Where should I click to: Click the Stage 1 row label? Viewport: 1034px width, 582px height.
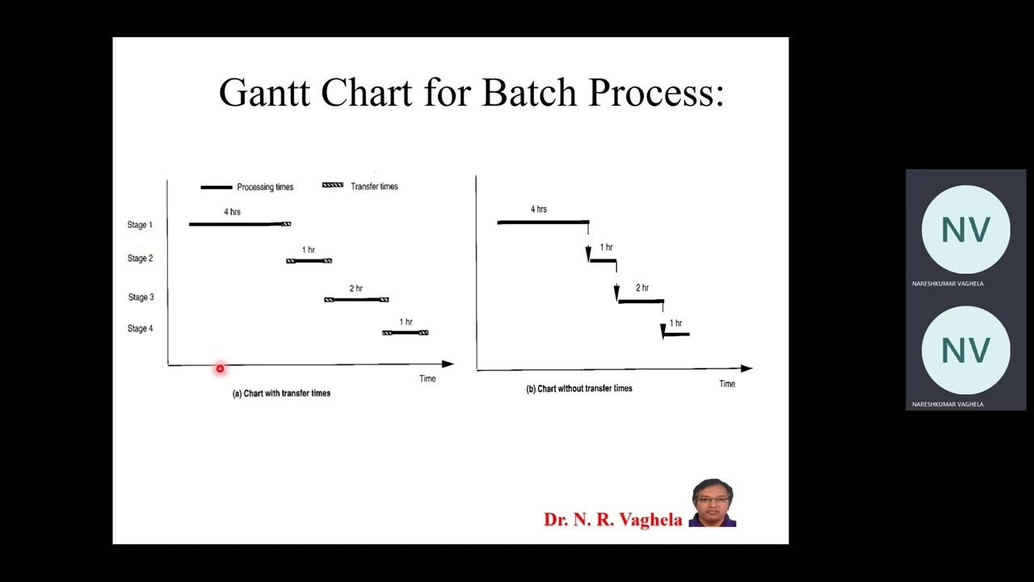(x=140, y=225)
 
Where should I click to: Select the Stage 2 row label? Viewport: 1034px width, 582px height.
(x=140, y=259)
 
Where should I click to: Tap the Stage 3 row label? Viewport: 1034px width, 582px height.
(x=141, y=297)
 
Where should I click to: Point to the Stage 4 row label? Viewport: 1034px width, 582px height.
(x=140, y=329)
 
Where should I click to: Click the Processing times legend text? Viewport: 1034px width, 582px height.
(x=265, y=187)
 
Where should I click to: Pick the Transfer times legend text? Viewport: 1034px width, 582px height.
(x=374, y=186)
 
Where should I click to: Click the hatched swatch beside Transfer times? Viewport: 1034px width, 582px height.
(x=332, y=185)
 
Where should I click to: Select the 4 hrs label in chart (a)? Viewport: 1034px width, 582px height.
(x=232, y=212)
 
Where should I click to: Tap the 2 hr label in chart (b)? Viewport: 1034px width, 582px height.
(x=642, y=288)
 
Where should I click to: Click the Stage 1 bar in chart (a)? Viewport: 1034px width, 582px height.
(x=236, y=224)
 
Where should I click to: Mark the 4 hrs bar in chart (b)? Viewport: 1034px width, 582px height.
(x=543, y=221)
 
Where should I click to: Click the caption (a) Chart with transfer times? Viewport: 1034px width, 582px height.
(x=281, y=394)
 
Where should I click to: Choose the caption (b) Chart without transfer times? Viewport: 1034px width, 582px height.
(x=579, y=389)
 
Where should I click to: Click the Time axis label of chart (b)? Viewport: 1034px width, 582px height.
(x=727, y=384)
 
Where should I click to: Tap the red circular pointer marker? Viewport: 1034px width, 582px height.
(x=220, y=369)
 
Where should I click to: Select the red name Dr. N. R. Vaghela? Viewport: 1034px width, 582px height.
(x=612, y=520)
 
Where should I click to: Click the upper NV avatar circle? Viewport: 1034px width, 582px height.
(x=965, y=230)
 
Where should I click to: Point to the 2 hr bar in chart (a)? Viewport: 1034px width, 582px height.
(x=356, y=300)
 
